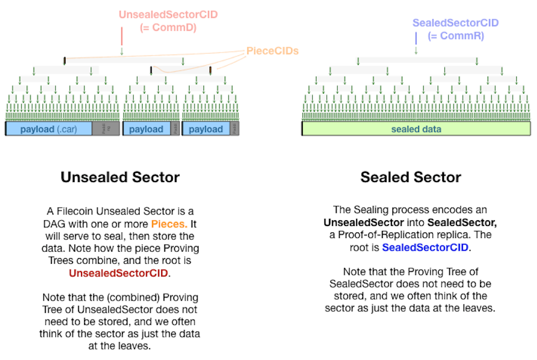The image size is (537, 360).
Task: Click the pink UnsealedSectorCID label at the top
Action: (168, 15)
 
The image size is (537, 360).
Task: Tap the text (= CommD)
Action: (168, 28)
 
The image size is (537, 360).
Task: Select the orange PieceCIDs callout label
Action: (272, 51)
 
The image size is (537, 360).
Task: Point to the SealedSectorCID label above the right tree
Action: (455, 23)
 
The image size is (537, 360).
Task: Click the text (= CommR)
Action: (455, 36)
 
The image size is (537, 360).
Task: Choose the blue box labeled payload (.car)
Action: (48, 129)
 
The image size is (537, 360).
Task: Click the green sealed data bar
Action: (416, 129)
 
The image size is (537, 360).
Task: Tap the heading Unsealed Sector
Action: (120, 177)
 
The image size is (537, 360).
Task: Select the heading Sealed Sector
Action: (411, 177)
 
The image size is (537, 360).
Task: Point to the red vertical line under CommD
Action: (122, 37)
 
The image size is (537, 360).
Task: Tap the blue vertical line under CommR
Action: (416, 38)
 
